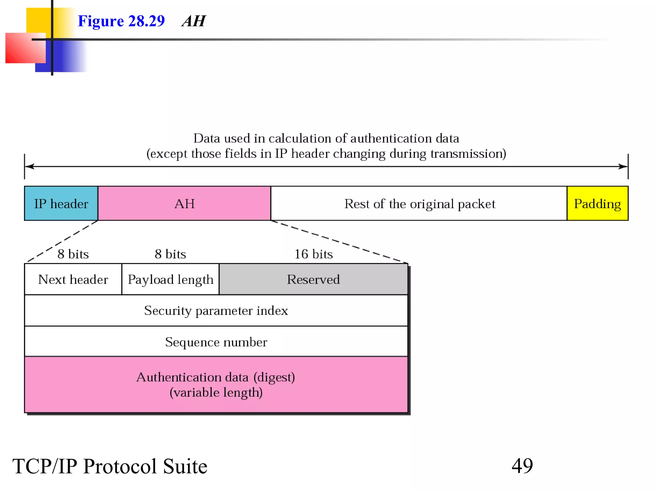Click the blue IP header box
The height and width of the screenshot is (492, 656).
(61, 203)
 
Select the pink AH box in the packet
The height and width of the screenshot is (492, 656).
(184, 203)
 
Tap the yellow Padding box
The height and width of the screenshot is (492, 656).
(597, 203)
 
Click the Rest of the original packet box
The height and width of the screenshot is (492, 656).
(419, 203)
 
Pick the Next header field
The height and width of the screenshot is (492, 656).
(73, 279)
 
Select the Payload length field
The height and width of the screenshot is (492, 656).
(170, 279)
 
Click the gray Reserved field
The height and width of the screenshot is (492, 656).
(313, 279)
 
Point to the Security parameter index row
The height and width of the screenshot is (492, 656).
(216, 310)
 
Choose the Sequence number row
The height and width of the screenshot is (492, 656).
(216, 342)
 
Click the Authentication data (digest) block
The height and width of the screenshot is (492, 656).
(216, 384)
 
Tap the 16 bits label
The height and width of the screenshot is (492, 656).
(313, 254)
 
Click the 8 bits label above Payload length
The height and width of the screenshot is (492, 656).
(170, 254)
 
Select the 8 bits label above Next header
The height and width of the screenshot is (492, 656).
(73, 254)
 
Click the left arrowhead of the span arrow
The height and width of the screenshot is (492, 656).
(29, 166)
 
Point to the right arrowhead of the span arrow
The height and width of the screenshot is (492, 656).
(623, 166)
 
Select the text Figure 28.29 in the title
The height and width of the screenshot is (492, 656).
(121, 21)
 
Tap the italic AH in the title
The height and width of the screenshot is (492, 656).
(193, 21)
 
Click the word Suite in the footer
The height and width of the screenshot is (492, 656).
(185, 466)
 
